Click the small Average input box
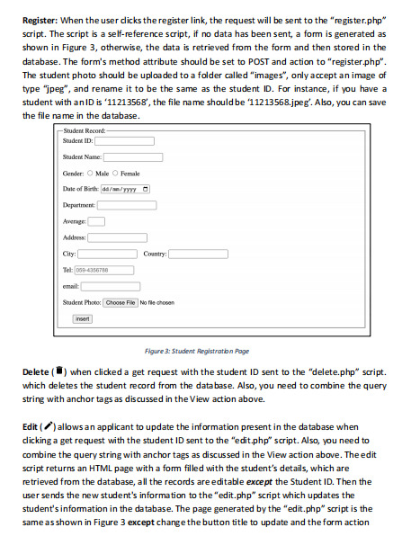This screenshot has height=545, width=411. [96, 221]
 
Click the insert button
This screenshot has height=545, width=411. [83, 318]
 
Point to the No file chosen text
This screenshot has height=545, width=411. [156, 302]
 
